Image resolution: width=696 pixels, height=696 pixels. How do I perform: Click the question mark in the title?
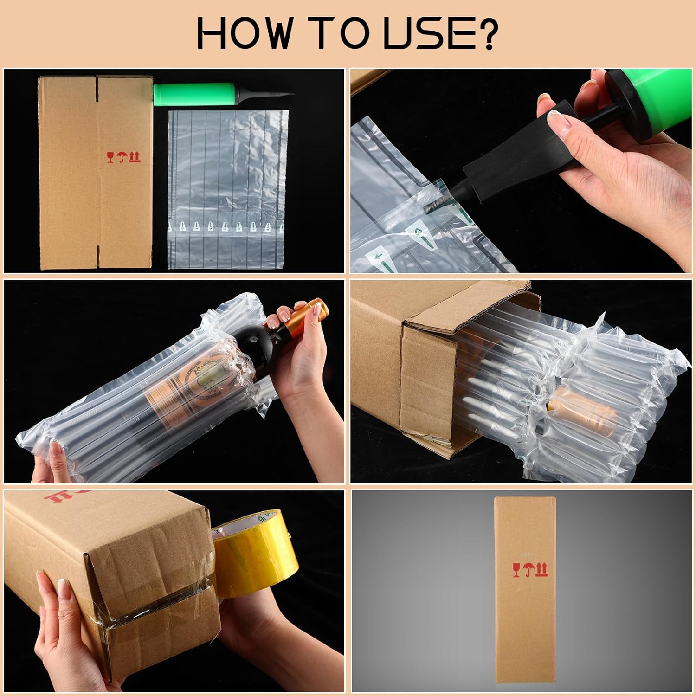pos(486,33)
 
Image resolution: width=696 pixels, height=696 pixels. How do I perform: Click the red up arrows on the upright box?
pos(541,570)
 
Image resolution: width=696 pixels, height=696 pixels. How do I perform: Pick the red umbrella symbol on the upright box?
pos(528,570)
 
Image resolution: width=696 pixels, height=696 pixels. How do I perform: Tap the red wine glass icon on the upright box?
pos(516,570)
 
